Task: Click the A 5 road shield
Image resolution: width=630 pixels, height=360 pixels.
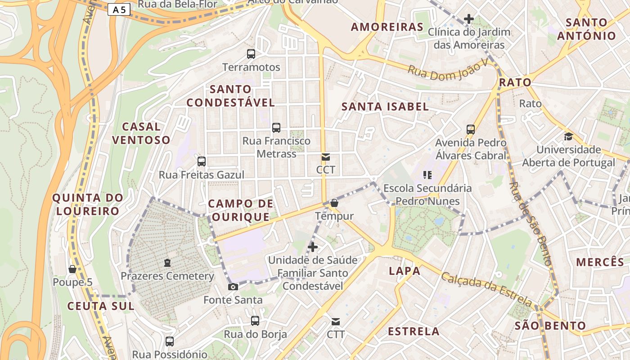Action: (x=119, y=9)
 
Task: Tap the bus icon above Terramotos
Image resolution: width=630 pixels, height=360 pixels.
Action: (x=251, y=54)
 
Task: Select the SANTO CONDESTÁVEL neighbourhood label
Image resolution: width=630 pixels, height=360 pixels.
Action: (x=230, y=96)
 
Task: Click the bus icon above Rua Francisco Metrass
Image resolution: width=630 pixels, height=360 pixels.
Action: (x=276, y=127)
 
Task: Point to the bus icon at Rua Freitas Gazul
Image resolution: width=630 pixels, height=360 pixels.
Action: (x=202, y=161)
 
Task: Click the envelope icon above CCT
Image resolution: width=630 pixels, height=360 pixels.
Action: (x=326, y=157)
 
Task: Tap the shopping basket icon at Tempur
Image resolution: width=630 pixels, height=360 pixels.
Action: (x=334, y=203)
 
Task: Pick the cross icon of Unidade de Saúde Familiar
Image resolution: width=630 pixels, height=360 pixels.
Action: (x=313, y=247)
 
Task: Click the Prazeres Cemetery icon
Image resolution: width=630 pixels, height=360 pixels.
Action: (x=167, y=262)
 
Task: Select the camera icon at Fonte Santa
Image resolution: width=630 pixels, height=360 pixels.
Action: (x=233, y=287)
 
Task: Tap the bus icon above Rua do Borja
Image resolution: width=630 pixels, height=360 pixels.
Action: (x=255, y=321)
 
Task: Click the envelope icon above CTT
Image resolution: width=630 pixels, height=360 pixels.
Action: (x=336, y=321)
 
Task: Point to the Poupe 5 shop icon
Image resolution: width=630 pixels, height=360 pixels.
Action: (x=72, y=269)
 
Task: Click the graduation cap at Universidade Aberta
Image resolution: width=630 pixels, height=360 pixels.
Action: (x=568, y=136)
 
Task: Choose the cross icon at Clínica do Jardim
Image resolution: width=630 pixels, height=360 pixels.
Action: (x=468, y=19)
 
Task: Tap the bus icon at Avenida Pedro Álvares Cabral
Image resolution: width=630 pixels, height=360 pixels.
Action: (x=471, y=130)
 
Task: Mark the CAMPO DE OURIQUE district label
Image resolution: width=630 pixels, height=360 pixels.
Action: (x=240, y=210)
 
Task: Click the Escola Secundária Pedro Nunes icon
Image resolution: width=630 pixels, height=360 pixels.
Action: (x=427, y=175)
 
